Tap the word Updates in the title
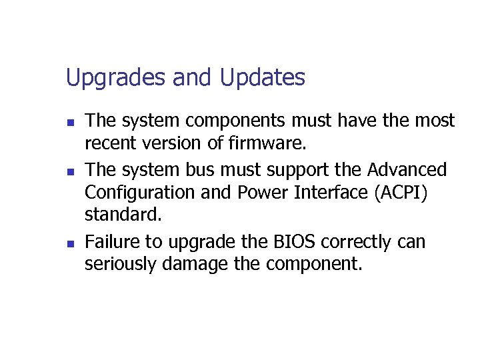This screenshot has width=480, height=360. point(262,79)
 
